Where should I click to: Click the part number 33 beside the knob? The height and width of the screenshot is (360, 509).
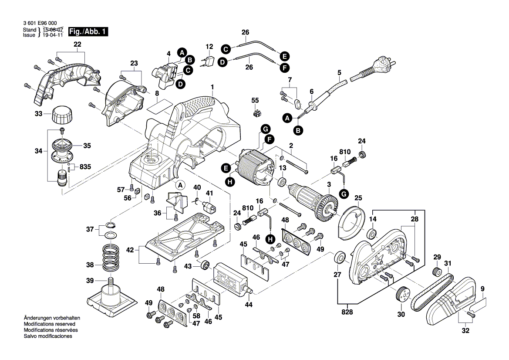[39, 114]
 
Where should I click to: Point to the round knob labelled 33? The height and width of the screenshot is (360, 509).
[61, 115]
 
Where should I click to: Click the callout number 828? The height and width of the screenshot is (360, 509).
[347, 312]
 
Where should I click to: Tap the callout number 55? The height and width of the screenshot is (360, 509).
[255, 100]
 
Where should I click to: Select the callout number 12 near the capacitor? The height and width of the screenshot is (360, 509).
[209, 47]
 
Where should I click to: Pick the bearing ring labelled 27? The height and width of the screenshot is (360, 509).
[340, 258]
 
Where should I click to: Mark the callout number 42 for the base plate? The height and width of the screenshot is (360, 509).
[130, 250]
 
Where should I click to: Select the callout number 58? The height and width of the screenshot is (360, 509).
[197, 316]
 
